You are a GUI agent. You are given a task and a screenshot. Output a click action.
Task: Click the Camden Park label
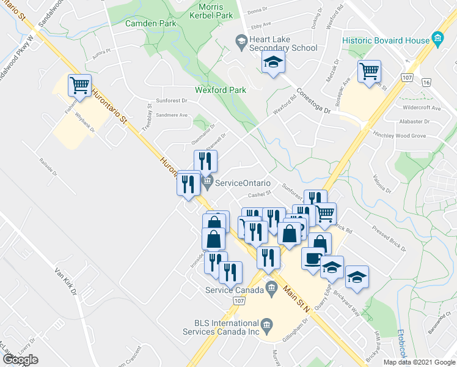click(150, 23)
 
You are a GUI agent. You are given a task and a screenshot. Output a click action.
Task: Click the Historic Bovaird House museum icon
click(437, 40)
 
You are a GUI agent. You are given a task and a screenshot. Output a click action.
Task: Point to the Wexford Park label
click(221, 90)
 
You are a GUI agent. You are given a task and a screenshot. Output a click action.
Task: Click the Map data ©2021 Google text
click(419, 362)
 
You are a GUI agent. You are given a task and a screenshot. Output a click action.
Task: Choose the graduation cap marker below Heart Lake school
click(273, 62)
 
